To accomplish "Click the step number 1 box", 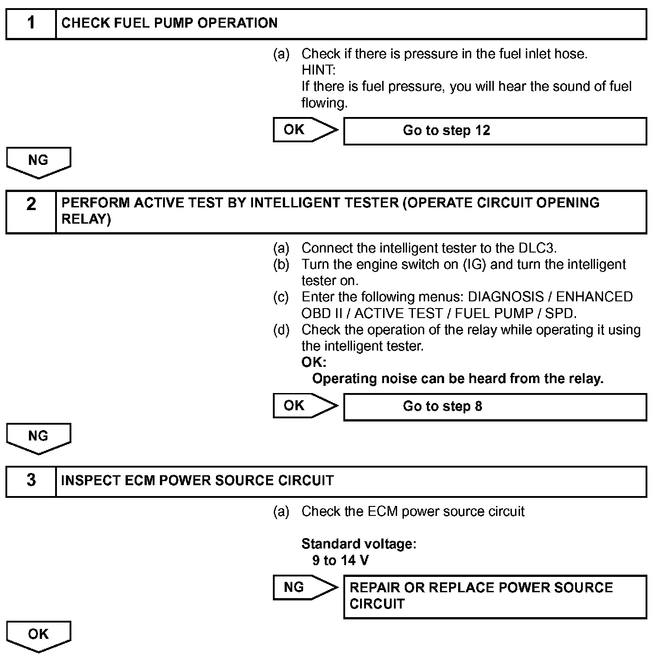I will pos(31,23).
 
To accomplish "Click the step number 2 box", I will pos(31,212).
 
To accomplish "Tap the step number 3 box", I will pos(31,481).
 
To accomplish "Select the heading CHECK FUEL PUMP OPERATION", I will pos(169,23).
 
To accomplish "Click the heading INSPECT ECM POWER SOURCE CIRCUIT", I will pos(197,481).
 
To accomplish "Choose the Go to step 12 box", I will pos(495,131).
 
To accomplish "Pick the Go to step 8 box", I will pos(495,407).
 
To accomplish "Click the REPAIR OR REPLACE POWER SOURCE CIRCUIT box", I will pos(495,596).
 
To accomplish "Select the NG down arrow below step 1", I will pos(38,162).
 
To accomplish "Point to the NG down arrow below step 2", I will pos(38,437).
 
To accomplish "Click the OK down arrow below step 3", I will pos(38,635).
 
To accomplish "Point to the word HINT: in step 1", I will pos(318,70).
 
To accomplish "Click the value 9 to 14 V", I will pos(340,561).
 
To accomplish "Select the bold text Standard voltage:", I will pos(359,544).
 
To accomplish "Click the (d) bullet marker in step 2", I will pos(281,330).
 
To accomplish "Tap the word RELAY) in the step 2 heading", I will pos(86,220).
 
